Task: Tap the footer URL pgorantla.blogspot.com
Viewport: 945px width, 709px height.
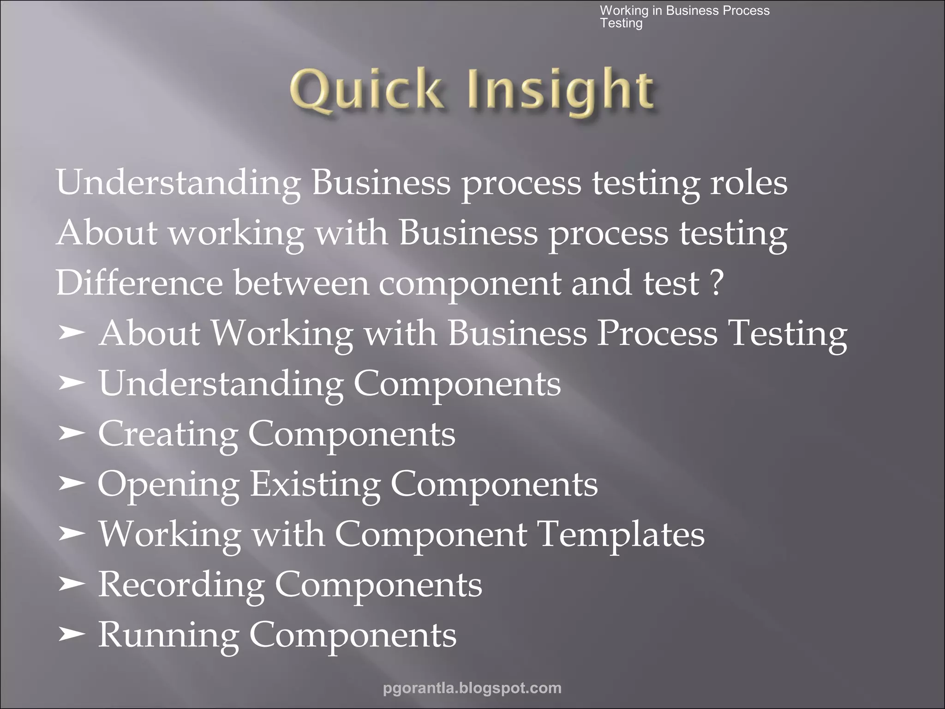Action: coord(472,688)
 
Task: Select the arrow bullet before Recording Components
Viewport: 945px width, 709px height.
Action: coord(72,584)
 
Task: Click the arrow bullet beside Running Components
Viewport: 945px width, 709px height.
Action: coord(72,635)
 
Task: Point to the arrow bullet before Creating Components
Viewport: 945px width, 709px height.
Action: coord(72,434)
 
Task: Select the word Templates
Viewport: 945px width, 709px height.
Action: coord(622,534)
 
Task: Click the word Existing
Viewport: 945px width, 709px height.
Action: coord(315,484)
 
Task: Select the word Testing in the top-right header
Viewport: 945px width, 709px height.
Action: coord(621,23)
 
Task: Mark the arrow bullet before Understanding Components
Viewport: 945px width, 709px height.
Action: coord(72,383)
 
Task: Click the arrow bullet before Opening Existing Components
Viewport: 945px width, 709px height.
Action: coord(72,484)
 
